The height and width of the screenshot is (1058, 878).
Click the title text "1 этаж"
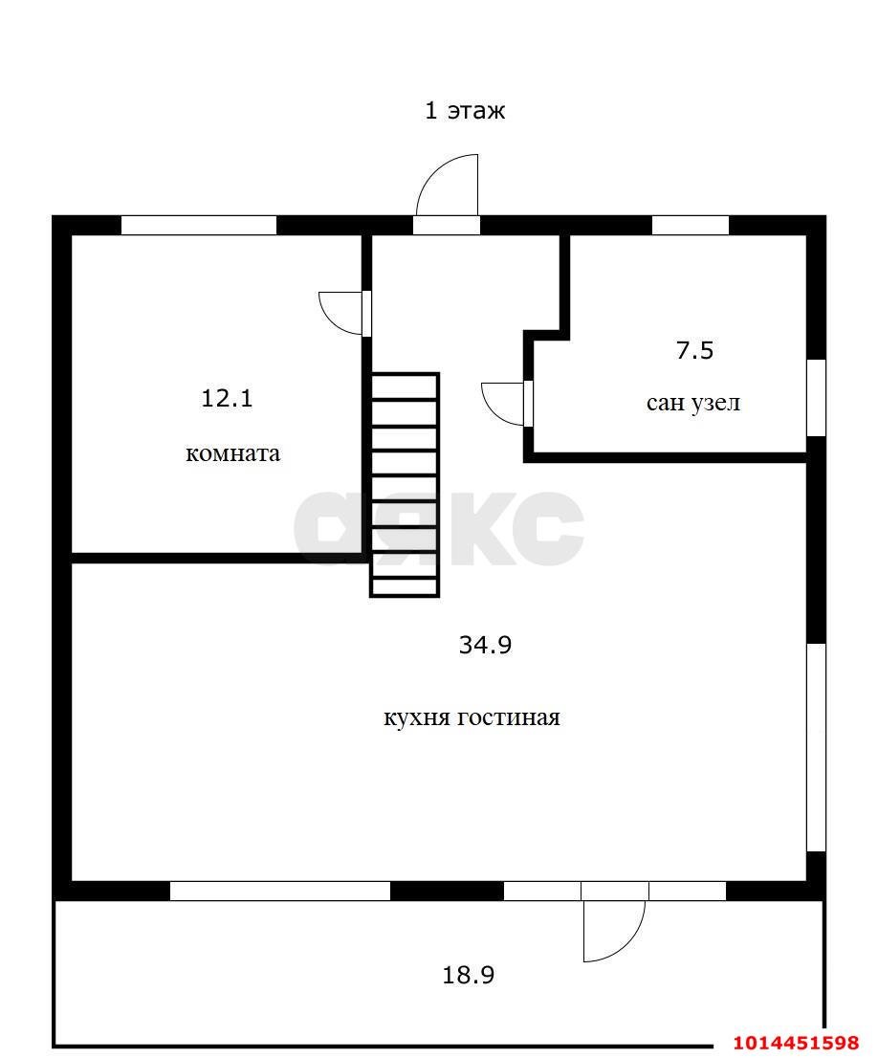(464, 110)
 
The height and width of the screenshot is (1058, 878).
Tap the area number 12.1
(227, 398)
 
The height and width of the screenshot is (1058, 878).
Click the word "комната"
(232, 452)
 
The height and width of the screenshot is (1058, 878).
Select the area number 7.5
(694, 351)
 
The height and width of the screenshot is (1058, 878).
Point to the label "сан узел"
(693, 403)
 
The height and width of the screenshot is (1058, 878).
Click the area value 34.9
(485, 645)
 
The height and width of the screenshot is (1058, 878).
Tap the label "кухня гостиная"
(472, 716)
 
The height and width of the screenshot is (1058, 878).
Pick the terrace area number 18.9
(469, 975)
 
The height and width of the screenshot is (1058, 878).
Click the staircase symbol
(405, 485)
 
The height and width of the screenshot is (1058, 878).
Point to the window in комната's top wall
(199, 226)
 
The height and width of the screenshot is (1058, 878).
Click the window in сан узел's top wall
(691, 226)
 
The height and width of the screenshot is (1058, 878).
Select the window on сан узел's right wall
(817, 398)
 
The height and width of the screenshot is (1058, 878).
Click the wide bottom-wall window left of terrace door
(280, 891)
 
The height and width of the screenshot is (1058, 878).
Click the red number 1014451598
(798, 1043)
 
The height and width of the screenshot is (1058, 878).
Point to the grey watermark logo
(439, 528)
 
